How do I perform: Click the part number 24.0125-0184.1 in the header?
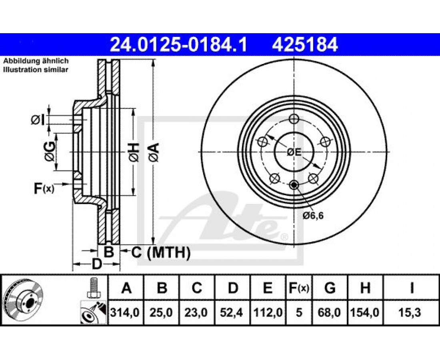pyautogui.click(x=178, y=45)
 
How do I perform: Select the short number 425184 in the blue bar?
pyautogui.click(x=304, y=45)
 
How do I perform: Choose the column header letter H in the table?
pyautogui.click(x=365, y=288)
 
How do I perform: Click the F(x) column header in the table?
pyautogui.click(x=299, y=288)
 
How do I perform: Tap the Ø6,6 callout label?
pyautogui.click(x=313, y=216)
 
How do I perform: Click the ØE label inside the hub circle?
pyautogui.click(x=294, y=152)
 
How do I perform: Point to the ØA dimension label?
pyautogui.click(x=155, y=152)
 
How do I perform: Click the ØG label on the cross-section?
pyautogui.click(x=50, y=152)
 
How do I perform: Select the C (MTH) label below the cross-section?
pyautogui.click(x=161, y=252)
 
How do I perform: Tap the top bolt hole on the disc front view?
pyautogui.click(x=294, y=119)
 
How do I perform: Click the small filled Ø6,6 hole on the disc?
pyautogui.click(x=294, y=185)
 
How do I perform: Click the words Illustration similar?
pyautogui.click(x=36, y=70)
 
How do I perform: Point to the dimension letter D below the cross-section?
pyautogui.click(x=96, y=264)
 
